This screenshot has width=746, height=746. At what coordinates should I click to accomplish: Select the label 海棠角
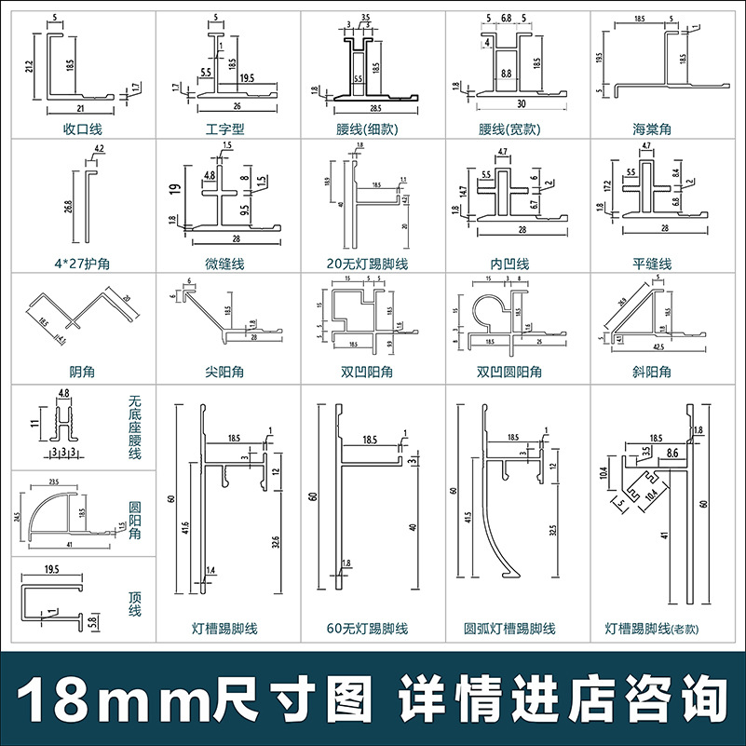[652, 129]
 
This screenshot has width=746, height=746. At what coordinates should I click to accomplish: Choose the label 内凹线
[509, 264]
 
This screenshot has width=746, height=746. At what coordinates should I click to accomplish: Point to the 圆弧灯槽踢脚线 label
[509, 629]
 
